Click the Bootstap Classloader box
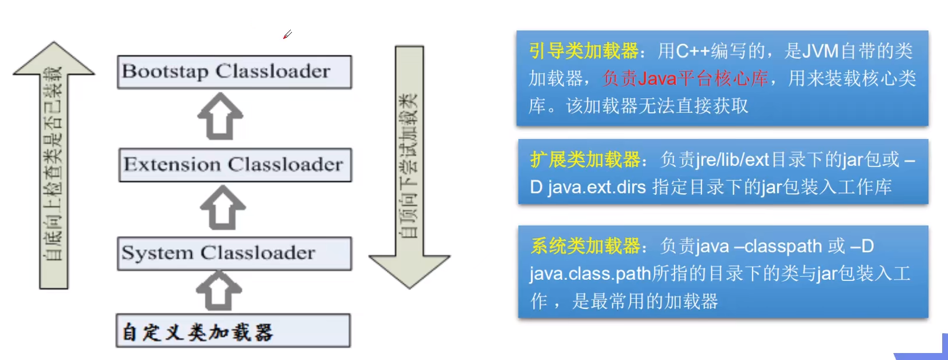[x=234, y=72]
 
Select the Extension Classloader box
[x=235, y=165]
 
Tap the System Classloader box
[x=234, y=254]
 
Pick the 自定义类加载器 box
[x=233, y=331]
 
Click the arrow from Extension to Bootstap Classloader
[x=220, y=117]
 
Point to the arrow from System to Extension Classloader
[x=222, y=208]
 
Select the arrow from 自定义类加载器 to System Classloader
[x=219, y=291]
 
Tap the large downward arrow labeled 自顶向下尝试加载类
[x=409, y=169]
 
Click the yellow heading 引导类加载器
[x=583, y=51]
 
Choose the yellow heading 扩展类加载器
[x=585, y=159]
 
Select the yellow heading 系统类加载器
[x=585, y=246]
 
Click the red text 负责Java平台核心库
[x=685, y=79]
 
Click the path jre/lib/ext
[x=732, y=159]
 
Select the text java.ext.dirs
[x=597, y=187]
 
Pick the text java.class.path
[x=590, y=273]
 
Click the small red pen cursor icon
[x=287, y=35]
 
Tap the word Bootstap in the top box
[x=165, y=72]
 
